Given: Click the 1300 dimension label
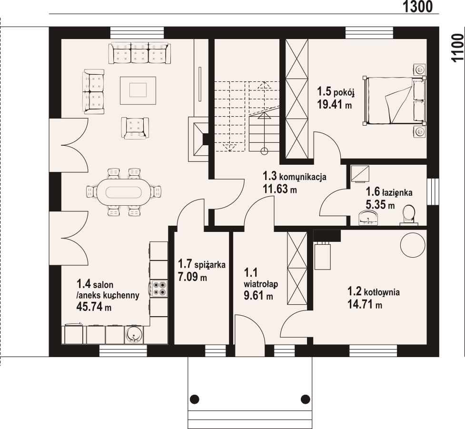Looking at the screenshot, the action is pos(417,6).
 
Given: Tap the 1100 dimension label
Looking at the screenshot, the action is pos(457,48).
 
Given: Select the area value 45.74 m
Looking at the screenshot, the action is pos(94,307).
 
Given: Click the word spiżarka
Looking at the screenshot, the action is pos(210,264).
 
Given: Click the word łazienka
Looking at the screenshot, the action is pos(397,192).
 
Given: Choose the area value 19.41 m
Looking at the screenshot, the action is pos(334,104).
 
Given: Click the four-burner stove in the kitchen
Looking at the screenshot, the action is pos(158,289).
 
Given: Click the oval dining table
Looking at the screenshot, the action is pos(124,192).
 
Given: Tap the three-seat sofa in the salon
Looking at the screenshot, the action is pos(139,53).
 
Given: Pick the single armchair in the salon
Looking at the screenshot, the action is pos(135,128).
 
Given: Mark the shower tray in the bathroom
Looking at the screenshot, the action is pos(360,174).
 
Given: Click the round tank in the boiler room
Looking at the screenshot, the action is pos(413,245).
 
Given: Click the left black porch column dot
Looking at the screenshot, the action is pos(194,399).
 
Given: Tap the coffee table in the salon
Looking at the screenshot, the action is pos(138,90).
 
